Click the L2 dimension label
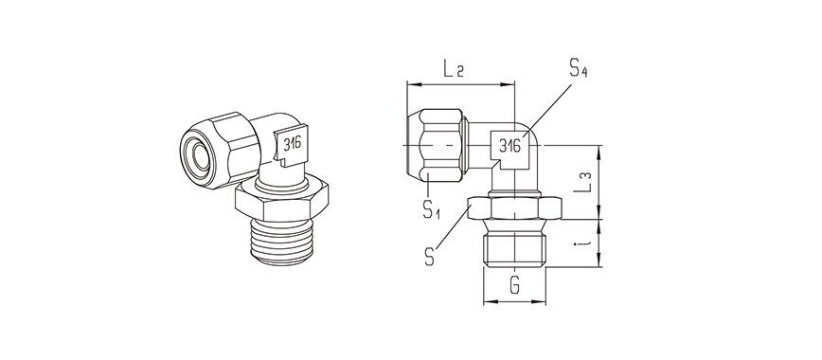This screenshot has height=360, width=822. (x=454, y=69)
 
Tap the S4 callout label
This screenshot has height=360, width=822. (x=578, y=68)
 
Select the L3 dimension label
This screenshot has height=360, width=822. (x=583, y=182)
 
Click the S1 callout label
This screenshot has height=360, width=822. (x=432, y=208)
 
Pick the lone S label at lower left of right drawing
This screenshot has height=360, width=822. (x=430, y=257)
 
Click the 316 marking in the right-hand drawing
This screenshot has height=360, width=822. (x=509, y=145)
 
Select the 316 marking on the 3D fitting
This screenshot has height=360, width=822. (x=293, y=143)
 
